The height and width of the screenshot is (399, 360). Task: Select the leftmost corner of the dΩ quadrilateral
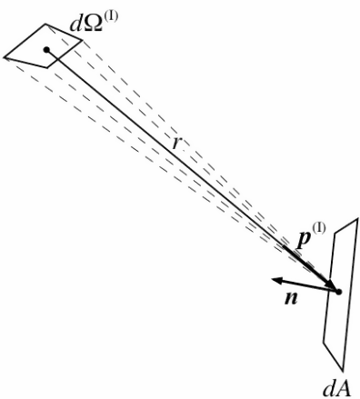pos(5,59)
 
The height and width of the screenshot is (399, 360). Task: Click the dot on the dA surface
pos(338,292)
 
